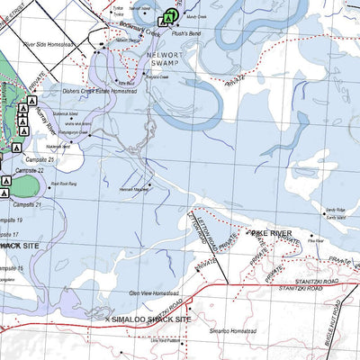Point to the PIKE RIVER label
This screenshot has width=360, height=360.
(273, 233)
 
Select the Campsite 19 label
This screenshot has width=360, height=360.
(11, 220)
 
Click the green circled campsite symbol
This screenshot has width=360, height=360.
(169, 16)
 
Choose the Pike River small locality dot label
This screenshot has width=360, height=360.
(315, 240)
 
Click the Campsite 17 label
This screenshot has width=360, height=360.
(11, 234)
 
